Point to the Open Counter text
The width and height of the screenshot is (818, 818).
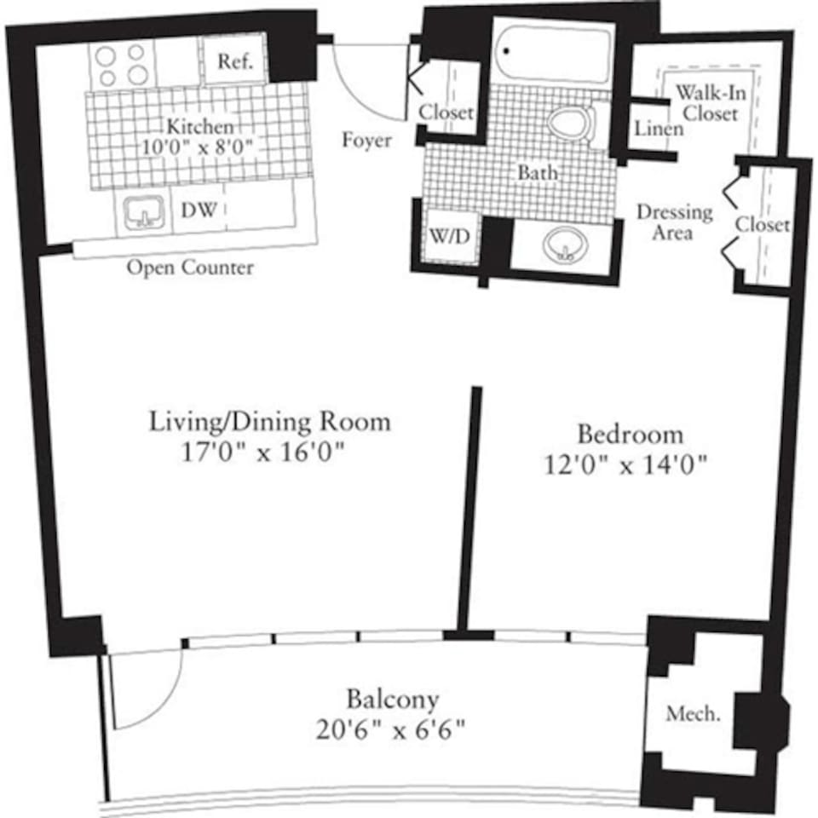coord(190,268)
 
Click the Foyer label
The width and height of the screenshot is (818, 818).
coord(366,139)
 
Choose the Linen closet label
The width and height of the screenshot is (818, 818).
coord(659,129)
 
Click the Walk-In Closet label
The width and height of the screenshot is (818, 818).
coord(706,102)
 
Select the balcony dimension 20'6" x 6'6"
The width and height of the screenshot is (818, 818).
coord(393,730)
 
